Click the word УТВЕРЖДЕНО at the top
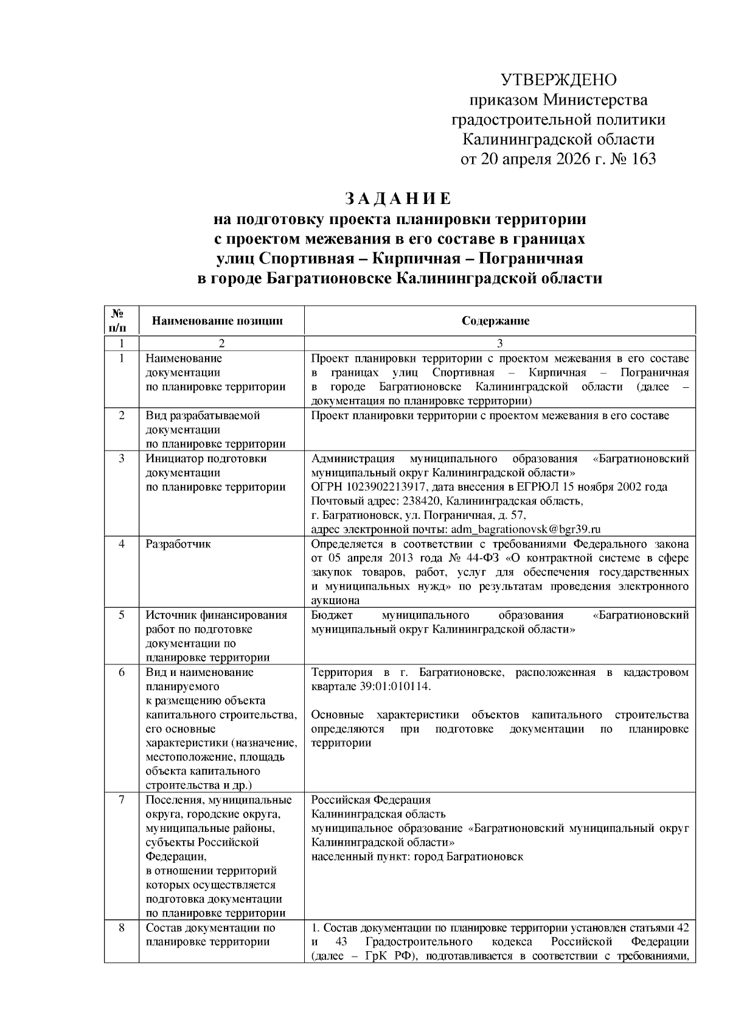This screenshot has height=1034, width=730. tap(558, 80)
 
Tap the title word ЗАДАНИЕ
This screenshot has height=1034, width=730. tap(398, 199)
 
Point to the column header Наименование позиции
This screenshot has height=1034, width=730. tap(217, 321)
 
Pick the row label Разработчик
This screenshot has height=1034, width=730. tap(178, 543)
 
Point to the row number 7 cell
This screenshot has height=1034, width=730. tap(121, 800)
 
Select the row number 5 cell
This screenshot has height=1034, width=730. tap(121, 614)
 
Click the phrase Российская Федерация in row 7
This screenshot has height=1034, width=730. tap(370, 800)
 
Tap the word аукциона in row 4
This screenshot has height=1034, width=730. tap(335, 600)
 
